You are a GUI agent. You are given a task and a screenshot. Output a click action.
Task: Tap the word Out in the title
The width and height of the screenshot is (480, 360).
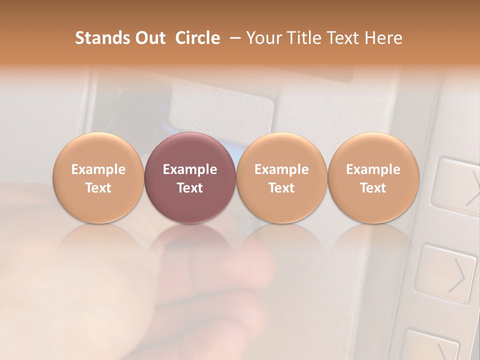149,38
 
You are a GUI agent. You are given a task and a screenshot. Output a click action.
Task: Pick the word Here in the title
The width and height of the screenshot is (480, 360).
382,38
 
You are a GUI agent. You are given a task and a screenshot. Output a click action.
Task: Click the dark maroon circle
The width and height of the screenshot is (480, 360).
190,178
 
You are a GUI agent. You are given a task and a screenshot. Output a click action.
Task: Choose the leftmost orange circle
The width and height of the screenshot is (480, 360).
98,178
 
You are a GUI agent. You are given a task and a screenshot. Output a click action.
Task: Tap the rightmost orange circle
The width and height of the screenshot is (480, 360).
373,178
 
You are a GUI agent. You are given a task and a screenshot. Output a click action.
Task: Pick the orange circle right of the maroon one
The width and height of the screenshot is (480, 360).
281,178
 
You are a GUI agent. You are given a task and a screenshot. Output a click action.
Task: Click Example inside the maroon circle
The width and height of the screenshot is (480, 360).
190,169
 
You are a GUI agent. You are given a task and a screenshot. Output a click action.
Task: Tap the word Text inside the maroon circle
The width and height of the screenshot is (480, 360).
190,188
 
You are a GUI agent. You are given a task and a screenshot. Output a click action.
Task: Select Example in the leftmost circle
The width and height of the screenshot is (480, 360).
98,169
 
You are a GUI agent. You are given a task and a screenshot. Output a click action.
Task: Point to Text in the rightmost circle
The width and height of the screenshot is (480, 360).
373,188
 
